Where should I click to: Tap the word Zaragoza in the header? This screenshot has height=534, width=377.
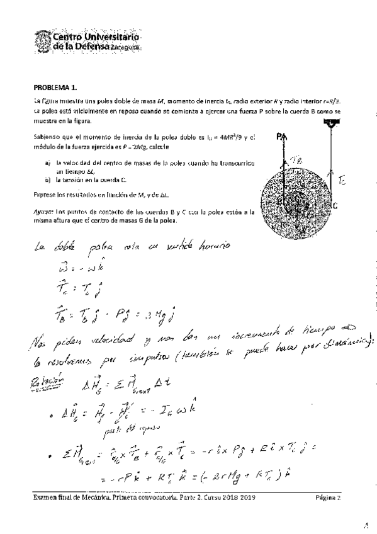pyautogui.click(x=126, y=48)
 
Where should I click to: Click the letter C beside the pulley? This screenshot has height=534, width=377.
pyautogui.click(x=335, y=204)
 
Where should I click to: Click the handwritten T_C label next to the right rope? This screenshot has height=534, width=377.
pyautogui.click(x=341, y=181)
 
